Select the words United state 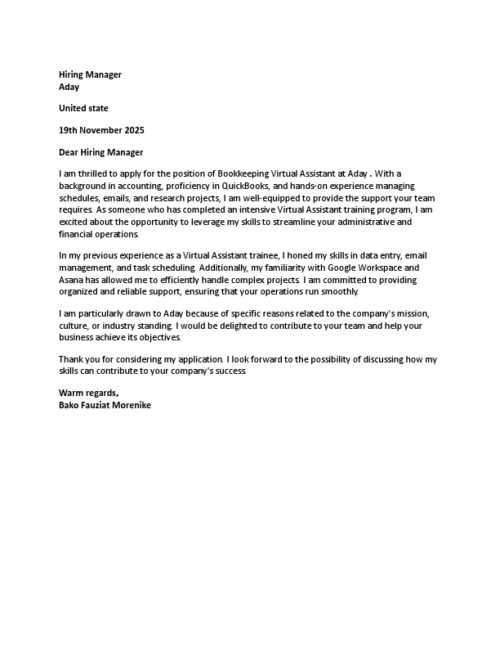[x=83, y=108]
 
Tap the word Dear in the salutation [x=69, y=152]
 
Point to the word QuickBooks [x=248, y=186]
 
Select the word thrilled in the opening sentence [x=96, y=173]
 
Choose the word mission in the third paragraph [x=418, y=314]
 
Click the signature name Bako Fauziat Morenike [x=105, y=405]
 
